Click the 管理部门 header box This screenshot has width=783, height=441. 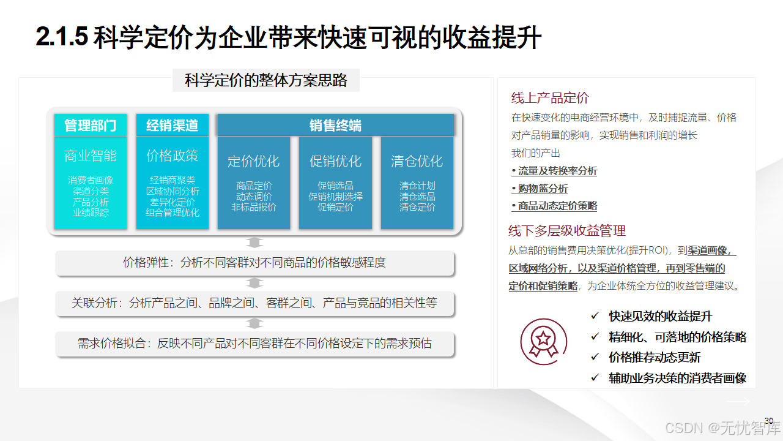pos(91,126)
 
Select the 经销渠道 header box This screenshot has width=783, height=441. pos(172,126)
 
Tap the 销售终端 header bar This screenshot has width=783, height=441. pos(335,126)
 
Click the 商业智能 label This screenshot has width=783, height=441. pos(91,156)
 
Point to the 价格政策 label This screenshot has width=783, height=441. pos(172,156)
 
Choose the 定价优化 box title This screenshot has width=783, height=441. pos(253,161)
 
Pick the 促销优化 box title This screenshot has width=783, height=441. pos(335,161)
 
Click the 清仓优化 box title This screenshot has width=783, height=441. pos(417,161)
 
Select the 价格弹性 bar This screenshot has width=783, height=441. pos(254,263)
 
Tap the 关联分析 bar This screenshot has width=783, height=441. pos(254,303)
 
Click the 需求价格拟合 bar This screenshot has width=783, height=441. pos(254,343)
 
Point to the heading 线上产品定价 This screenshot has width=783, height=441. pos(550,98)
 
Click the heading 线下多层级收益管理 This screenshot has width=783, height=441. pos(567,231)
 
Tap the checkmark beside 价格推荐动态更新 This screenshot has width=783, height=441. pos(595,357)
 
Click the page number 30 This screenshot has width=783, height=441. pos(769,420)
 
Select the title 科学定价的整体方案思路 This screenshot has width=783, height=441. pos(266,80)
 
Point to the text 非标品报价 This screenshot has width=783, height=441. pos(253,207)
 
